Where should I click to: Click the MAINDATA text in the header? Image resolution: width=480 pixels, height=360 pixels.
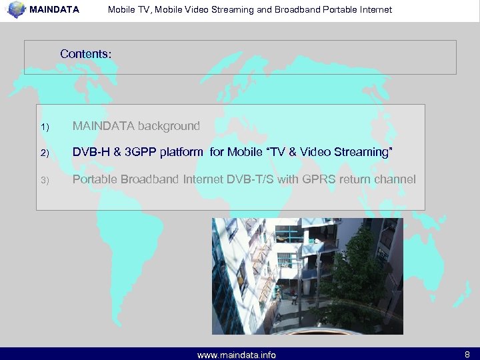coord(54,10)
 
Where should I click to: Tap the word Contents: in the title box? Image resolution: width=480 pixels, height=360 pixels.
coord(86,53)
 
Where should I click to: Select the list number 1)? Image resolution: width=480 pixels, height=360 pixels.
coord(45,127)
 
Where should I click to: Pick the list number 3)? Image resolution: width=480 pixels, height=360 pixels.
coord(45,181)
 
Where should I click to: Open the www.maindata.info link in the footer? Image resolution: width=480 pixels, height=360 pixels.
coord(237,355)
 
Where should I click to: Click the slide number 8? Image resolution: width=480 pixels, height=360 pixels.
coord(467,355)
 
